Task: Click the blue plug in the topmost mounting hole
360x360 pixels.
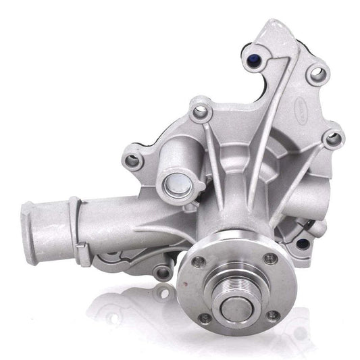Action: (x=259, y=59)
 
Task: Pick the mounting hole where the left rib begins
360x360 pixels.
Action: (x=199, y=111)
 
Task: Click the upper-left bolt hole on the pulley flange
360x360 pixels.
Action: (x=199, y=261)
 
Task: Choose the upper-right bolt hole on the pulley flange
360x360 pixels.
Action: (x=271, y=257)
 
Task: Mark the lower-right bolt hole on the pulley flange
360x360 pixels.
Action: (x=272, y=315)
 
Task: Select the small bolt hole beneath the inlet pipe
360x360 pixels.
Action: (x=160, y=273)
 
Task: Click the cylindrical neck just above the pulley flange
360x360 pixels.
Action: (x=233, y=216)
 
